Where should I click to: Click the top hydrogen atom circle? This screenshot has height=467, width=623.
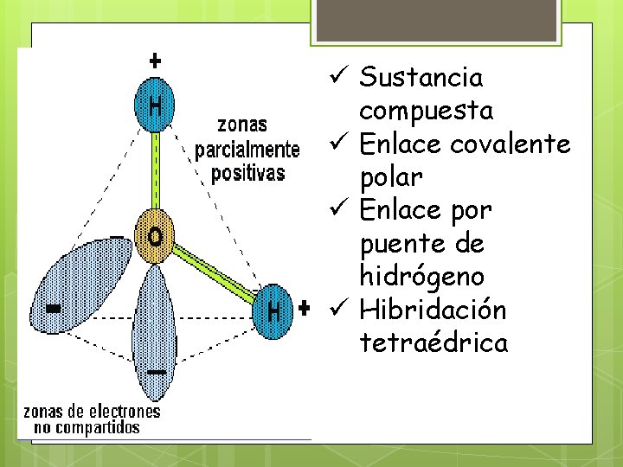[x=155, y=107]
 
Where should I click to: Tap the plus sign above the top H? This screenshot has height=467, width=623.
[x=155, y=61]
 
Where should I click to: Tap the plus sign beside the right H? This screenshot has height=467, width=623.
[x=304, y=308]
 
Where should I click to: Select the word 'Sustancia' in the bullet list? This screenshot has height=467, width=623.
[x=421, y=78]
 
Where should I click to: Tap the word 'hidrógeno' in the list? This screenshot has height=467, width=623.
[x=421, y=277]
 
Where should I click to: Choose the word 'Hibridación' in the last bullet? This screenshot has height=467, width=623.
[x=433, y=310]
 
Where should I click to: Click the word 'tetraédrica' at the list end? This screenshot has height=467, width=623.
[x=434, y=343]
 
